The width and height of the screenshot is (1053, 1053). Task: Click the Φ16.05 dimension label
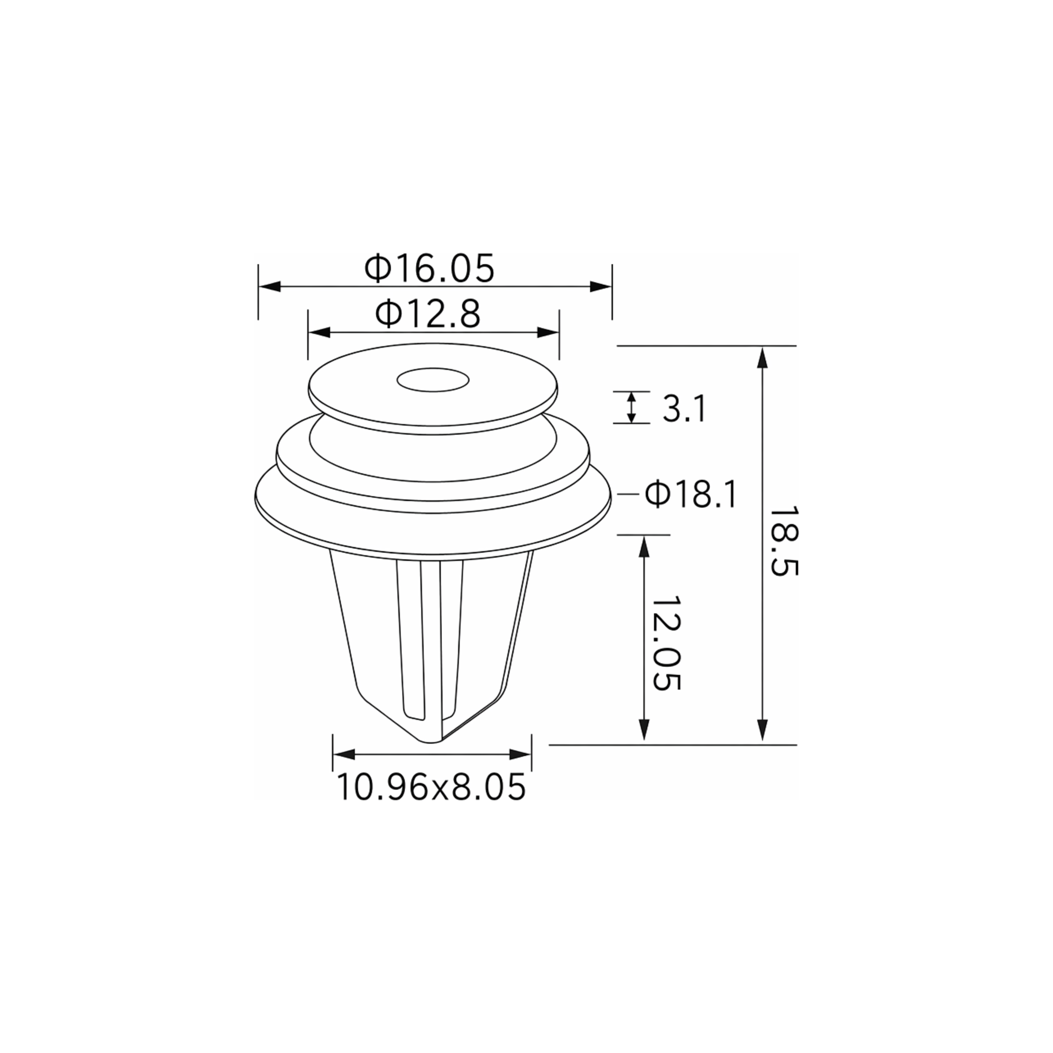430,267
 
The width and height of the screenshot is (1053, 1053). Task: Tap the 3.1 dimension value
684,409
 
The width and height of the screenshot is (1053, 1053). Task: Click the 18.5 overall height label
783,541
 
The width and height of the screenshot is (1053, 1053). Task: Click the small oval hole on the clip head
433,380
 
